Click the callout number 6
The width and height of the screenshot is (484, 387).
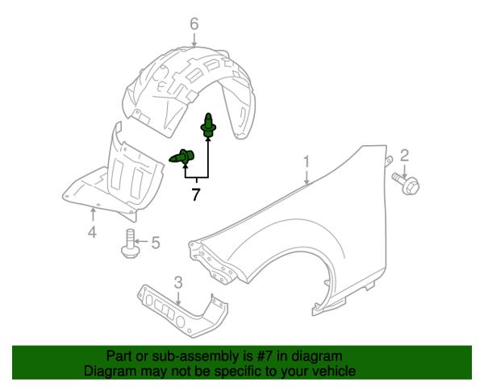(194, 24)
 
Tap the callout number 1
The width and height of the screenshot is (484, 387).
(307, 163)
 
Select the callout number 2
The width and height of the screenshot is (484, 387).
(404, 156)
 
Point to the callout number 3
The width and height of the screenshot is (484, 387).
(178, 283)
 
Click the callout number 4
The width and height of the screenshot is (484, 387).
(92, 231)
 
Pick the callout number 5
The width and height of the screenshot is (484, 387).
(156, 243)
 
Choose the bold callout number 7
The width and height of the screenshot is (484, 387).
(196, 194)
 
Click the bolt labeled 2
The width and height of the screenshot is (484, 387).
(406, 184)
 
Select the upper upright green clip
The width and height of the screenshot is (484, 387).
(208, 126)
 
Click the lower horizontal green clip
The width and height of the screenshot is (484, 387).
(181, 156)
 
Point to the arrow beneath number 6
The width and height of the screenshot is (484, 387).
(194, 40)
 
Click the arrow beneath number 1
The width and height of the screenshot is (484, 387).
(307, 177)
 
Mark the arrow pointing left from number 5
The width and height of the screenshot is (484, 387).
(141, 242)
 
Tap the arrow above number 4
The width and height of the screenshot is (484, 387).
(93, 214)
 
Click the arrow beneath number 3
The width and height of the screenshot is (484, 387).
(178, 298)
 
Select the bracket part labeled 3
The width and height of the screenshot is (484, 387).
(183, 312)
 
